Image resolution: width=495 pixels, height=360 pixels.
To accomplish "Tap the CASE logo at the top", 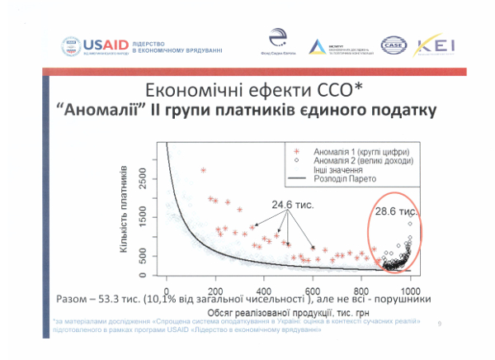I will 395,45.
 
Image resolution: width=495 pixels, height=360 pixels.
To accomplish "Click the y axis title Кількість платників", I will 124,212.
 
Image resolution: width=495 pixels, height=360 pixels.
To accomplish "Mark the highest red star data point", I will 203,170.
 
